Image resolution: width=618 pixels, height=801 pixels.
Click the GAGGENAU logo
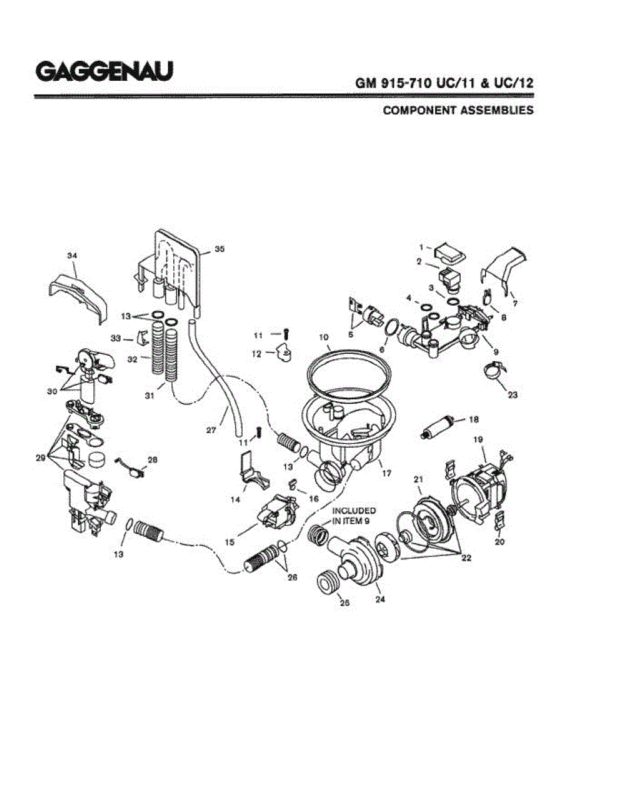tap(104, 71)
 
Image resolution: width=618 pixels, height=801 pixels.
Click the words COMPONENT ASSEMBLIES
tap(458, 110)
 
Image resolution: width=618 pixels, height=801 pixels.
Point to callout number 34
tap(72, 255)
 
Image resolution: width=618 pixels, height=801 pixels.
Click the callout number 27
tap(211, 431)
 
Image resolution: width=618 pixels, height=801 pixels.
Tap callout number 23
tap(512, 394)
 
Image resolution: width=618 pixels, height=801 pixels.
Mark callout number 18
tap(473, 419)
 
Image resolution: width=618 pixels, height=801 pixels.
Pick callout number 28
tap(153, 460)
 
